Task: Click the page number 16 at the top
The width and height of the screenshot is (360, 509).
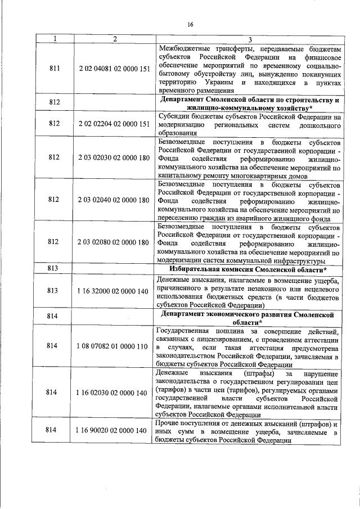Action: [x=190, y=24]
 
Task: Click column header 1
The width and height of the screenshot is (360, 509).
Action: [x=54, y=39]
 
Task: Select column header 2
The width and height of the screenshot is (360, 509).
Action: [x=115, y=39]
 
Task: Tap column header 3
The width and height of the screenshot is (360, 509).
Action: [x=249, y=39]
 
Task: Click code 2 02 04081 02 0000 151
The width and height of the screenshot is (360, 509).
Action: [x=115, y=69]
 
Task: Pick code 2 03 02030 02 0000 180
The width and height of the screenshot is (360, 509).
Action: [x=115, y=159]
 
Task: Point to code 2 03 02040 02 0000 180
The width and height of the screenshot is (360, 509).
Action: [x=115, y=200]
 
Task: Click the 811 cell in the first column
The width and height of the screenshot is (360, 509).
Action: [x=54, y=69]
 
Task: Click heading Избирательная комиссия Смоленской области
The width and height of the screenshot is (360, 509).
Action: [x=249, y=269]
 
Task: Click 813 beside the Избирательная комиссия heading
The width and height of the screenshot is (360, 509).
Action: [x=54, y=269]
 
